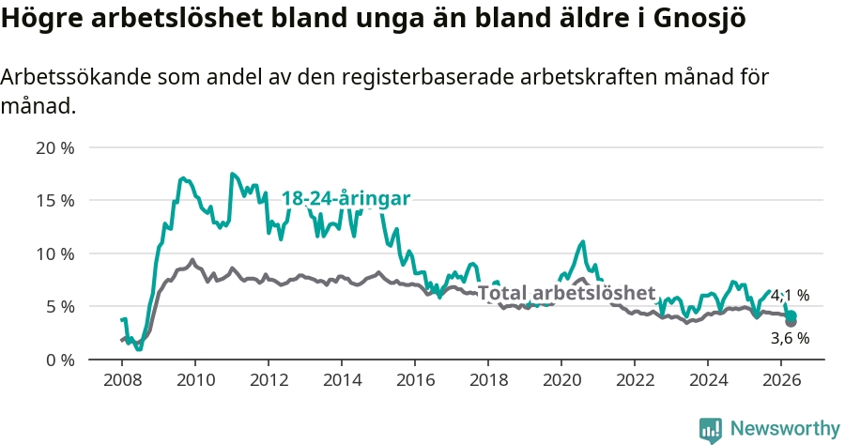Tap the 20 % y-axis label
(x=55, y=147)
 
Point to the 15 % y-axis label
(x=55, y=200)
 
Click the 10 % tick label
(x=55, y=253)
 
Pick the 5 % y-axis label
(x=60, y=307)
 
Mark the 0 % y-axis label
(x=60, y=360)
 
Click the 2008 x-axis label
(x=122, y=380)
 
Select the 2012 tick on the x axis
(x=269, y=380)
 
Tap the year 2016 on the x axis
(x=416, y=380)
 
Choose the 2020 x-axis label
(x=562, y=380)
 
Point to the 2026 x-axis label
(x=782, y=380)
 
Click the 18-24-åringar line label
(x=346, y=198)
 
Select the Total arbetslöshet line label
(x=566, y=293)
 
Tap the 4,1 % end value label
(x=790, y=295)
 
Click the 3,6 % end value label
(x=790, y=338)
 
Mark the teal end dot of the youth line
(x=791, y=316)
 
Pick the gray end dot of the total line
(x=791, y=322)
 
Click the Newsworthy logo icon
(x=711, y=430)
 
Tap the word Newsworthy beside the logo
(x=785, y=429)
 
